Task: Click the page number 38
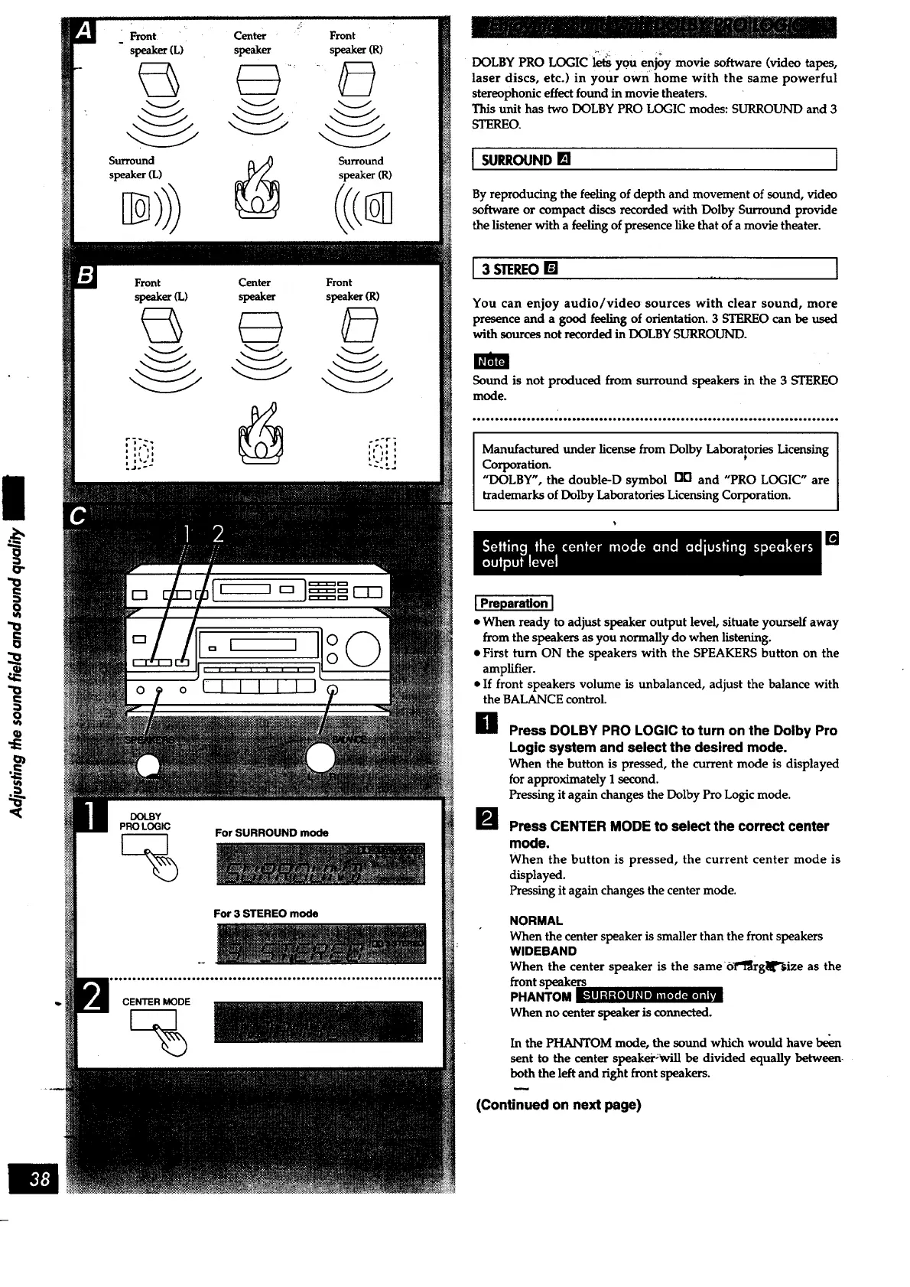tap(40, 1179)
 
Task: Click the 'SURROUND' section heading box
tap(655, 160)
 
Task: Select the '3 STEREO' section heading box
tap(655, 269)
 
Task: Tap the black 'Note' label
tap(491, 361)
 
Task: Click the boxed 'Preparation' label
tap(514, 604)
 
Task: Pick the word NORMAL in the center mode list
tap(536, 920)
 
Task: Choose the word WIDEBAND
tap(543, 951)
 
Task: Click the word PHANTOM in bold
tap(541, 996)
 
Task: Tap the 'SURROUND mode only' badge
tap(649, 995)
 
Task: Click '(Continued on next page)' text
tap(558, 1105)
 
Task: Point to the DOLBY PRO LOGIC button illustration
tap(145, 845)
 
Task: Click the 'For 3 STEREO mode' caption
tap(265, 914)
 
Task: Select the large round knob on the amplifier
tap(362, 650)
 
